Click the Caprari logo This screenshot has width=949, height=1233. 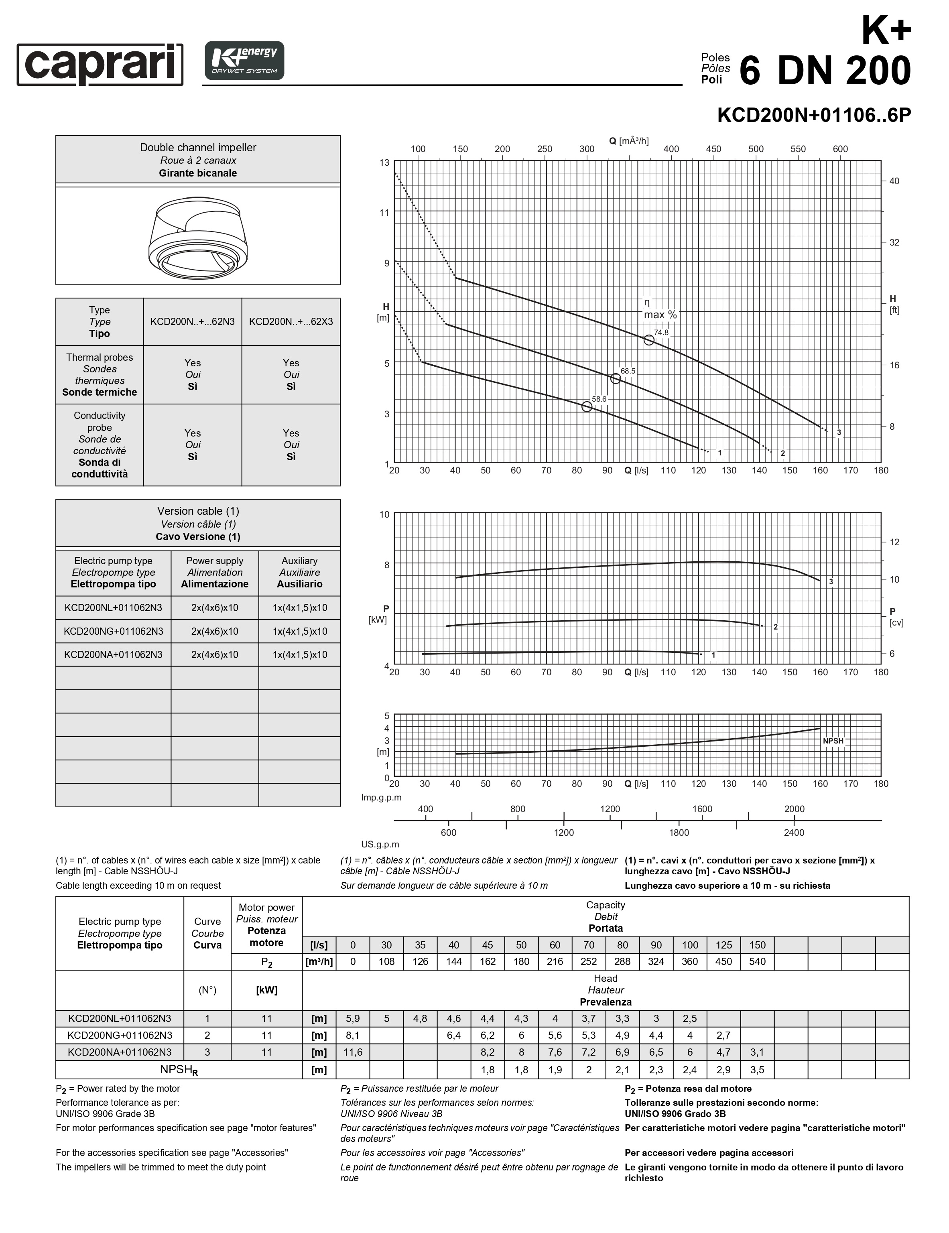[x=100, y=64]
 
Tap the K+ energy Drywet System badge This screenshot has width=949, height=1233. [x=244, y=61]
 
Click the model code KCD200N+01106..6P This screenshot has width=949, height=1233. [x=813, y=115]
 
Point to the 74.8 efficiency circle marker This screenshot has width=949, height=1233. [x=649, y=340]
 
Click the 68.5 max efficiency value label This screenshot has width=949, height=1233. [x=628, y=371]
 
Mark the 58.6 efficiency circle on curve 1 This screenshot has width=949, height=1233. [x=587, y=406]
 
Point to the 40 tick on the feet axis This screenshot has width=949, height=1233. [x=894, y=181]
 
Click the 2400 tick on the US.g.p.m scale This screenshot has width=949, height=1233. [x=794, y=833]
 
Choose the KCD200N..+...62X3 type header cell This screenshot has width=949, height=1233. [x=291, y=322]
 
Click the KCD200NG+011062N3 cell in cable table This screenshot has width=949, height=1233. [x=114, y=631]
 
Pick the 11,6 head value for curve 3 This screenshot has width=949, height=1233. [x=353, y=1052]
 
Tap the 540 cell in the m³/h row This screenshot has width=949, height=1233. [x=757, y=961]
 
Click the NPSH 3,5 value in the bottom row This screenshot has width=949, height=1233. [x=757, y=1070]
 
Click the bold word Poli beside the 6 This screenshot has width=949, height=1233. [x=711, y=79]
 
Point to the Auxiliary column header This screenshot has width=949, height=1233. [x=299, y=573]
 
